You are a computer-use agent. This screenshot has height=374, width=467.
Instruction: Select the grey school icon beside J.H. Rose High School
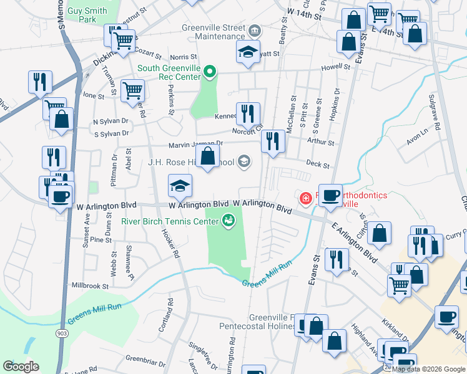click(244, 162)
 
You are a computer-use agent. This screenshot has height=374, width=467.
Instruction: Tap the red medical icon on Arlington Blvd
click(306, 199)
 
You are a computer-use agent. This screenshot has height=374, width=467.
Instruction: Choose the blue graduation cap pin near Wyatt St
click(248, 52)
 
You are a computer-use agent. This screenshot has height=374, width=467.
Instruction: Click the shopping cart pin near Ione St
click(132, 91)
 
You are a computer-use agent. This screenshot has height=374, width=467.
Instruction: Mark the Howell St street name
click(337, 67)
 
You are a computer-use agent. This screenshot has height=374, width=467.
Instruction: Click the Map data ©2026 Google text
click(428, 369)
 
